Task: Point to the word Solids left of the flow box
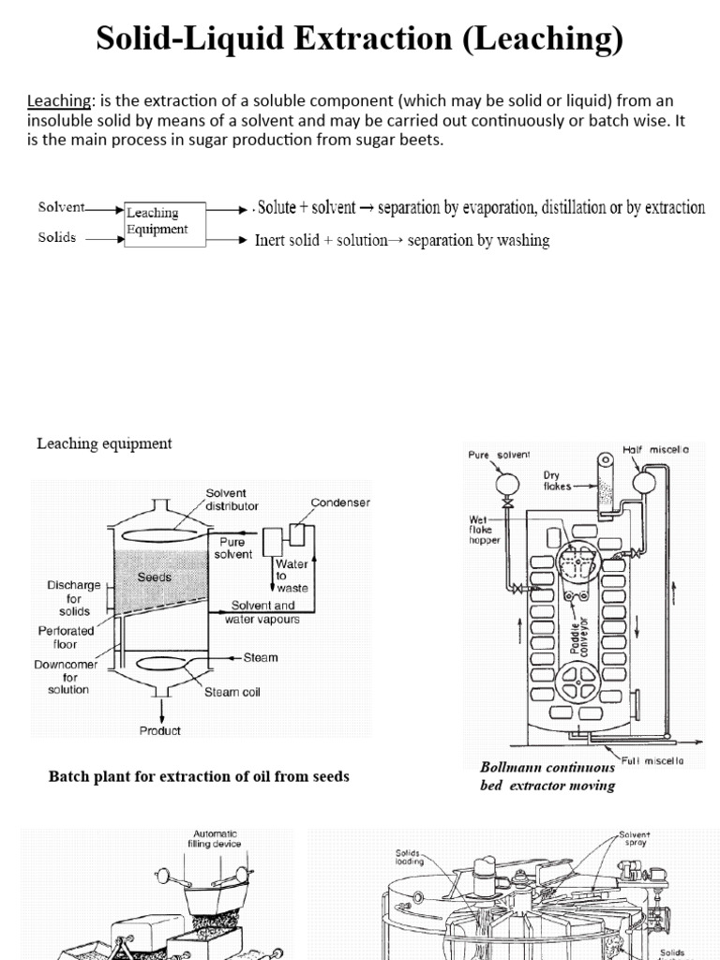pos(57,237)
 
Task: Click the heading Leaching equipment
pos(104,443)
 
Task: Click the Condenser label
pos(340,502)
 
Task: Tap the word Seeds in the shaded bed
pos(155,577)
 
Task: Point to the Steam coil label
pos(232,693)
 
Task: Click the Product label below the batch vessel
pos(160,731)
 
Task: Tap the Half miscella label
pos(656,450)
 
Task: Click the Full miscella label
pos(655,760)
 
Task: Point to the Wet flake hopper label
pos(487,530)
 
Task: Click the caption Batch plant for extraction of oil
pos(199,777)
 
